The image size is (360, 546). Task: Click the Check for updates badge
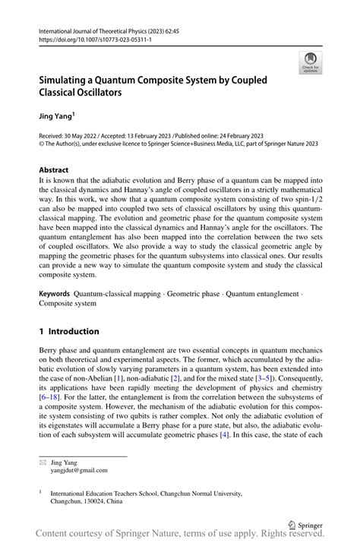tap(311, 62)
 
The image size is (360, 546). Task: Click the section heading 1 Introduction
tap(69, 331)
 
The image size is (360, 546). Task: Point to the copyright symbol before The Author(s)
tap(41, 143)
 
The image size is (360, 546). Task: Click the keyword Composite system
tap(68, 303)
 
